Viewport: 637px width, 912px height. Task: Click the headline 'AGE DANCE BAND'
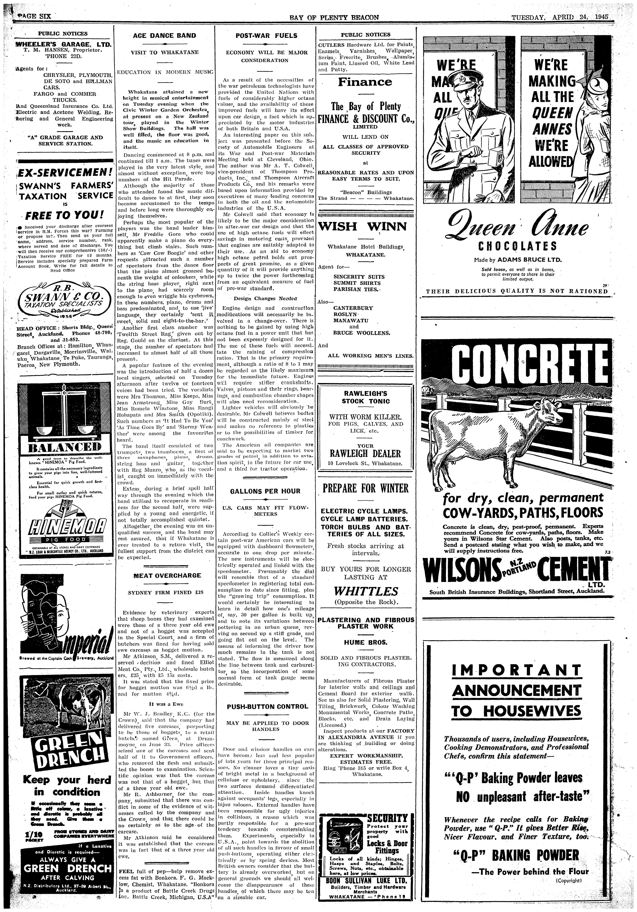tap(164, 35)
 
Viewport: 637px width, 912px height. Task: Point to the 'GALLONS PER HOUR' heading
tap(265, 491)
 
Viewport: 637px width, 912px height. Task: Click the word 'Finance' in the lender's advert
tap(365, 82)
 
